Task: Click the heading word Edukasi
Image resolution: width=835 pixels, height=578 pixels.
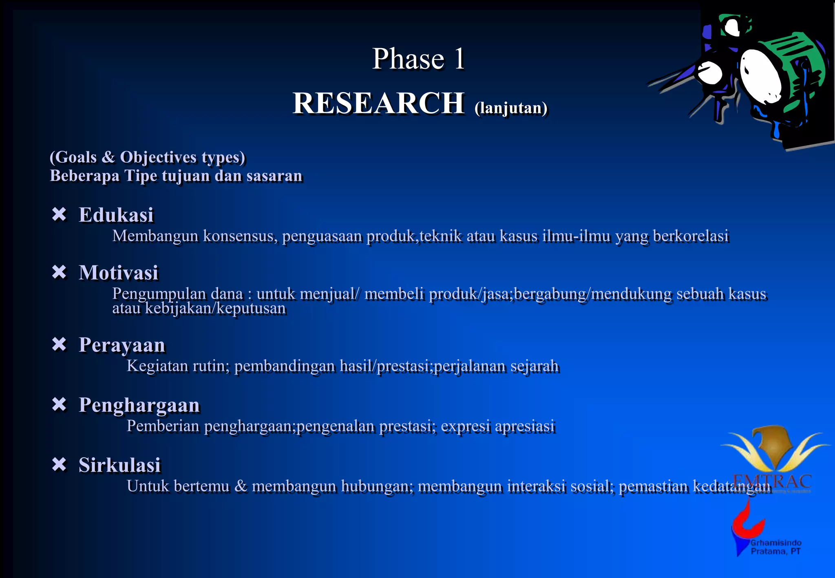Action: (116, 215)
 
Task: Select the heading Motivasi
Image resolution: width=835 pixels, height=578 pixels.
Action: (118, 272)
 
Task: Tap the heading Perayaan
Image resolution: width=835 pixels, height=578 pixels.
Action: (121, 345)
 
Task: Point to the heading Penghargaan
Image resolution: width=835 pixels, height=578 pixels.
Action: (139, 405)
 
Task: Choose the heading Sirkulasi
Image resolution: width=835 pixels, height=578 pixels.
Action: (119, 465)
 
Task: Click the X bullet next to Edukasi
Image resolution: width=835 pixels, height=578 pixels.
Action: (59, 214)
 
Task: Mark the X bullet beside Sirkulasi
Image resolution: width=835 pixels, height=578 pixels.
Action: (59, 464)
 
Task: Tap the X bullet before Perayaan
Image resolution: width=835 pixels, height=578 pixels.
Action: (59, 344)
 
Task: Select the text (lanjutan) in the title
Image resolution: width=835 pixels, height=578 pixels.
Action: (511, 108)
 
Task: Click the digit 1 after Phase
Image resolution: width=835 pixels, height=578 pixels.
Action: (459, 59)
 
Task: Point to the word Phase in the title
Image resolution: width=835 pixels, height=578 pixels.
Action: (408, 59)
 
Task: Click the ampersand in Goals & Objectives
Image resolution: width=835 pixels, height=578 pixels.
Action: (108, 157)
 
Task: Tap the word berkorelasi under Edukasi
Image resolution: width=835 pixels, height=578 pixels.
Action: (690, 236)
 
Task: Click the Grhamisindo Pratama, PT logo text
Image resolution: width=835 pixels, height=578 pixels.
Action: (775, 547)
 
